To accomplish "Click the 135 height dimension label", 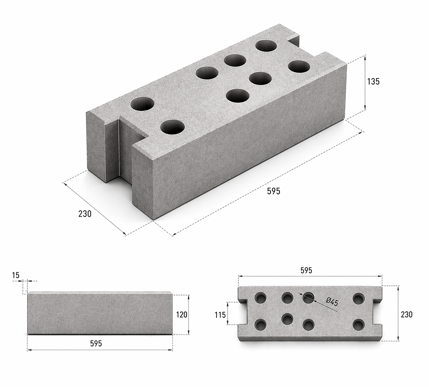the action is [x=373, y=81].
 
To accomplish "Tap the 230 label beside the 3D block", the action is [x=85, y=214].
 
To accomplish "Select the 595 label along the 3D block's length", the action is [x=274, y=191].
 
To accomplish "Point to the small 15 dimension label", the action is [x=16, y=275].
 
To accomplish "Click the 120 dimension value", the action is [x=182, y=315].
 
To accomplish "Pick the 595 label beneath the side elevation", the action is [x=96, y=344].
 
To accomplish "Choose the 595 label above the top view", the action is [x=306, y=270].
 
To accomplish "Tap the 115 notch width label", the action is [x=220, y=315].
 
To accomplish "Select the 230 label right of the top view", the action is [x=406, y=315].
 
